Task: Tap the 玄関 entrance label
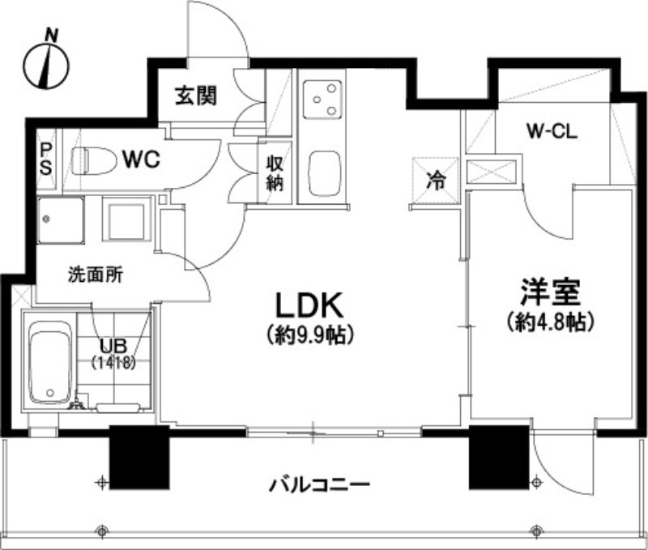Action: coord(197,96)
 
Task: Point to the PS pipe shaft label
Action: coord(46,160)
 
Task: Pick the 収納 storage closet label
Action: coord(275,172)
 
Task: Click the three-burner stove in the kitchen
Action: coord(322,101)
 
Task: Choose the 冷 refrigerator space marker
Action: coord(435,179)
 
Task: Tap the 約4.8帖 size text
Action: coord(549,322)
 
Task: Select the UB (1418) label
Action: coord(113,356)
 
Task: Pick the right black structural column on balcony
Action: coord(497,456)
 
